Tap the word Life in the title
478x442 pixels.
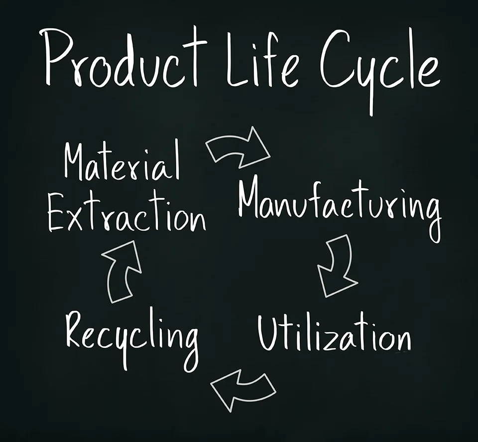click(259, 57)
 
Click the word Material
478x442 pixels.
click(122, 162)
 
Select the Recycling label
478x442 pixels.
click(132, 333)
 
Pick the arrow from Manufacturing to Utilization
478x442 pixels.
click(337, 266)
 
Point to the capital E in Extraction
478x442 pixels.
click(59, 214)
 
